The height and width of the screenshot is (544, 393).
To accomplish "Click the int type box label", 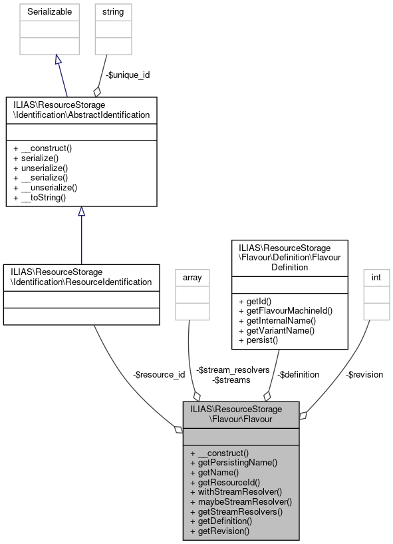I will [376, 276].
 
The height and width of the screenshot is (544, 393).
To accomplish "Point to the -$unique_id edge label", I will [129, 75].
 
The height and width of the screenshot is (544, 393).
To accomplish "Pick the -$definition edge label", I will [298, 374].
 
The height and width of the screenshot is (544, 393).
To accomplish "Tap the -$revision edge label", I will [364, 374].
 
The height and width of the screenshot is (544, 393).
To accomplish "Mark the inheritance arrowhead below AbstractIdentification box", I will [81, 211].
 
